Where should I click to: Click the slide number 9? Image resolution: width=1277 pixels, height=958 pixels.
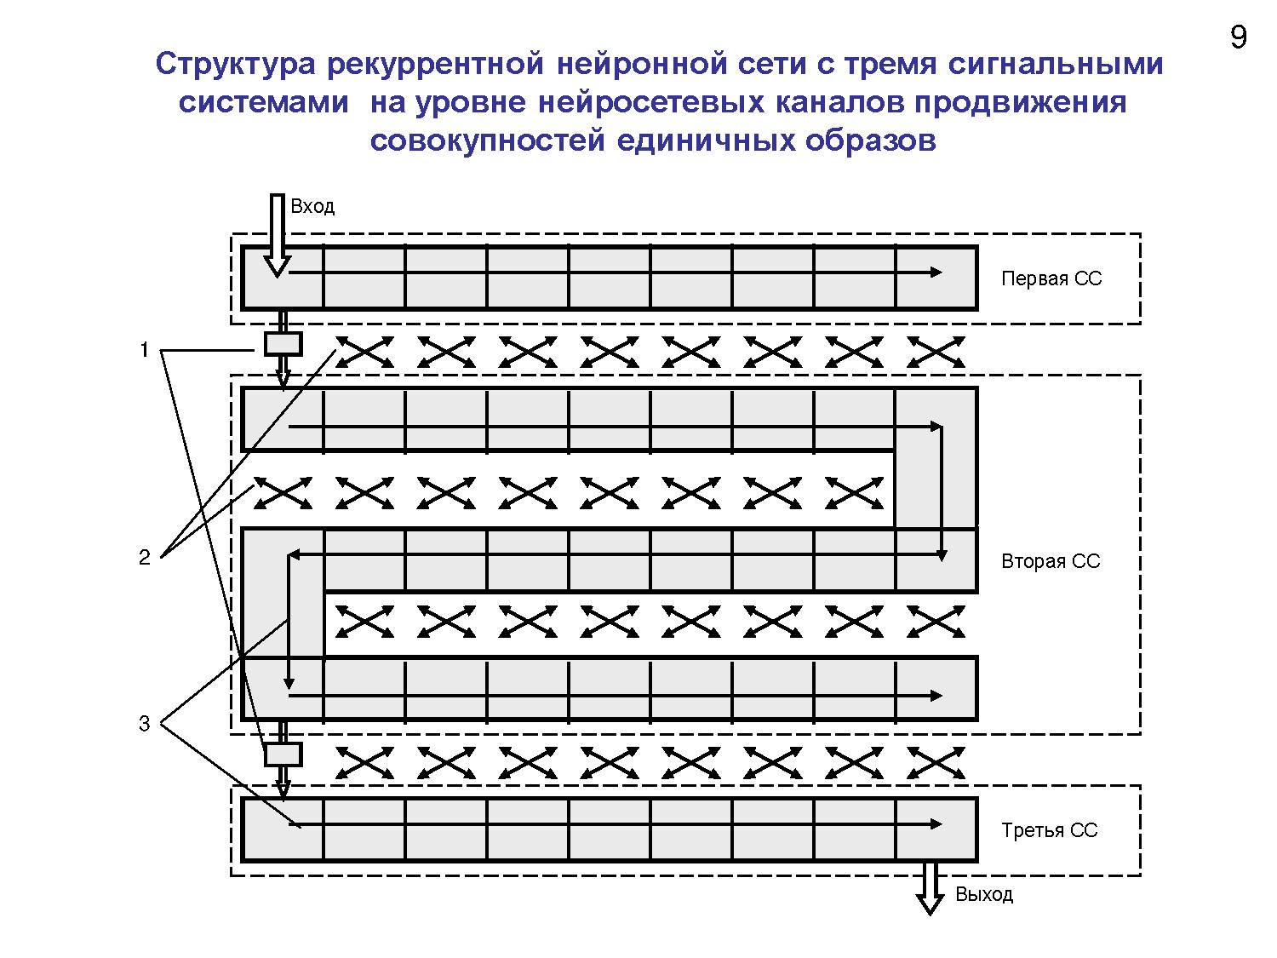[1239, 38]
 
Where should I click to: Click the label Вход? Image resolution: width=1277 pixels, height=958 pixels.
[312, 206]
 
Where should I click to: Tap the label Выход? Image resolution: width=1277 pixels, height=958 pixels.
[984, 894]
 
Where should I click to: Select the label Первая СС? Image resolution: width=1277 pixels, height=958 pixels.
[1051, 278]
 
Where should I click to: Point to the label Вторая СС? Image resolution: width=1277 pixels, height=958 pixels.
[1051, 561]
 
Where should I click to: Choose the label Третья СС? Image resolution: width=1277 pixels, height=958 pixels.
[1049, 830]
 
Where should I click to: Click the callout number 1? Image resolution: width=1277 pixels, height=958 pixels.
[145, 349]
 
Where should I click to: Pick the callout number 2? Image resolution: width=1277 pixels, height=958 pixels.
[145, 557]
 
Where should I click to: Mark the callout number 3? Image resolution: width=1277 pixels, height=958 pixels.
[145, 724]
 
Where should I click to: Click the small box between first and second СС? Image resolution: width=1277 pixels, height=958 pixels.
[283, 344]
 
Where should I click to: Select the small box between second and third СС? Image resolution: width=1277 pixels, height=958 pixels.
[283, 754]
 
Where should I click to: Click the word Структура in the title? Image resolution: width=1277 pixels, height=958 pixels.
[234, 64]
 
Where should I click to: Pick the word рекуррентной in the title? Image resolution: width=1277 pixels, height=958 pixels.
[433, 64]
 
